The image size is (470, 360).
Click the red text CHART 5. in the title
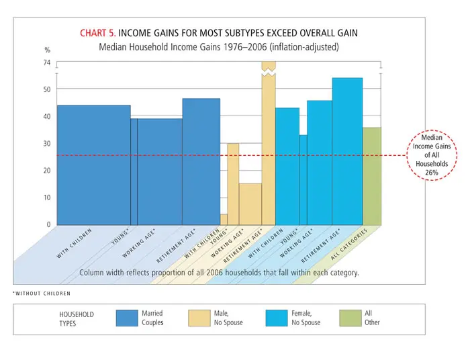coord(97,33)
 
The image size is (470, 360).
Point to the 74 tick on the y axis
coord(47,62)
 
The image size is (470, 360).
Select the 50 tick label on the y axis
coord(47,89)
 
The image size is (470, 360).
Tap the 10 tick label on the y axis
coord(47,197)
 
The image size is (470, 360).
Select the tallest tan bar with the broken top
coord(268,148)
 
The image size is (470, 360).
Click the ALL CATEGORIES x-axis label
coord(350,248)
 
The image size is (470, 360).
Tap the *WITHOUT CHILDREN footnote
coord(42,294)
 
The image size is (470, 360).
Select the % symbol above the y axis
coord(47,50)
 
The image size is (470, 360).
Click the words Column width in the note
coord(101,273)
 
